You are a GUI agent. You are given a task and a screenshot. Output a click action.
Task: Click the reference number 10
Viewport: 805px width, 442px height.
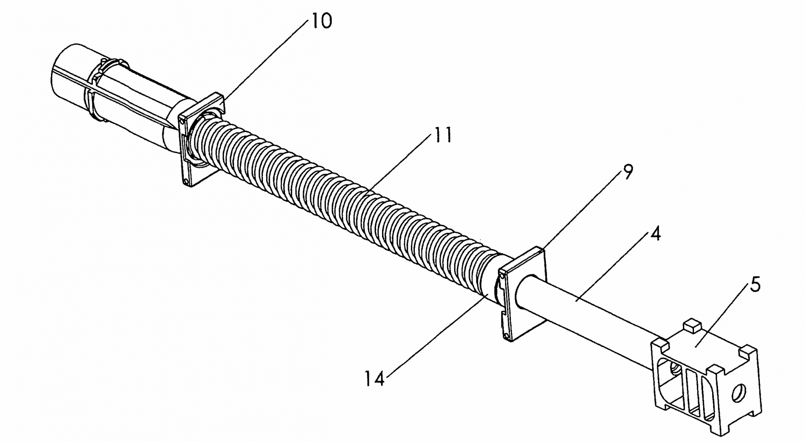pyautogui.click(x=321, y=21)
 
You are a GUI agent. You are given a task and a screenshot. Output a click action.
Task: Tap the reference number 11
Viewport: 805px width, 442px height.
pyautogui.click(x=443, y=135)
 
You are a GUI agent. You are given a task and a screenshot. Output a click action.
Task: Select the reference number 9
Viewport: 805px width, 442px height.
pyautogui.click(x=627, y=172)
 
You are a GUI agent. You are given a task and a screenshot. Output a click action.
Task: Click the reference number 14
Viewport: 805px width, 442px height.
pyautogui.click(x=375, y=379)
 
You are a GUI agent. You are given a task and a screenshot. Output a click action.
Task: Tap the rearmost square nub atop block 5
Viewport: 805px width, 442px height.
pyautogui.click(x=692, y=325)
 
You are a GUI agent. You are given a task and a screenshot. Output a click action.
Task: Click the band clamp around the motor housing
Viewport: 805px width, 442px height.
pyautogui.click(x=94, y=90)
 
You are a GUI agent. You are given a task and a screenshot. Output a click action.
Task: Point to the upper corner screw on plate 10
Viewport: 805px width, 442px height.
pyautogui.click(x=182, y=123)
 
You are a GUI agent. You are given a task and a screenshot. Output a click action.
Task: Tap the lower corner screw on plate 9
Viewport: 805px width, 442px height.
pyautogui.click(x=507, y=336)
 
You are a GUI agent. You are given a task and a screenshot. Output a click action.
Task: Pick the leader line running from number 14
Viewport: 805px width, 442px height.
pyautogui.click(x=437, y=335)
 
